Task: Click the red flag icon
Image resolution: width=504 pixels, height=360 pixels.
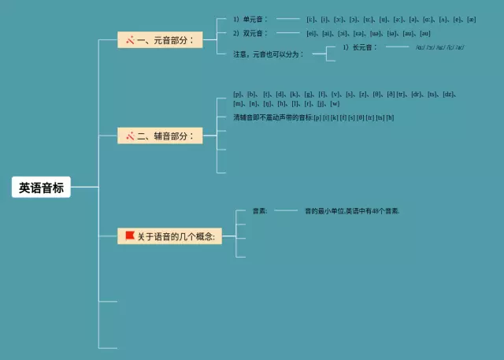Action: pos(129,235)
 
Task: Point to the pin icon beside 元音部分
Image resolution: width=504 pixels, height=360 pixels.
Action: pos(129,39)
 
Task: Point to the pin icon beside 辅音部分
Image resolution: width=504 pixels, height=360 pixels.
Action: pos(129,136)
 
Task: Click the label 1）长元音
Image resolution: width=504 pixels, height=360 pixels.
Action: pos(360,47)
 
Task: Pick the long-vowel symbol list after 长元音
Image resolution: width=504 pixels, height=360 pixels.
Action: pos(439,48)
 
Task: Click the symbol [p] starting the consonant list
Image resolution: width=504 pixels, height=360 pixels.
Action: pos(238,94)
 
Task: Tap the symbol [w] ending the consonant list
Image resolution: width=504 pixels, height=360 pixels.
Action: pos(335,103)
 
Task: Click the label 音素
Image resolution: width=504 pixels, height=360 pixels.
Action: pos(259,211)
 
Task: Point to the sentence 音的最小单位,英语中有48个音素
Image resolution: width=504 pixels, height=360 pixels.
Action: pos(352,211)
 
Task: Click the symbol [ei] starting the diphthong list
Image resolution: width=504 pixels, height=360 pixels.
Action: pos(312,33)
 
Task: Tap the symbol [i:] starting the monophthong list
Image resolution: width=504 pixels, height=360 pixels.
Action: pos(312,19)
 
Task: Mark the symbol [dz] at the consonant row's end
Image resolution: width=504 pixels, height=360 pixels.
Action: pos(449,94)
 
